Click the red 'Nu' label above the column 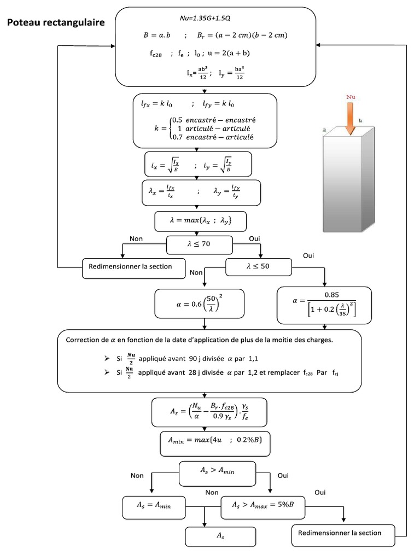tap(351, 97)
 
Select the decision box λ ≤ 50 tap(259, 266)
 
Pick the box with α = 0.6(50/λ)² tap(199, 304)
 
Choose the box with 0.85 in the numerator tap(325, 305)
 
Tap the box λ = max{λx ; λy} tap(201, 221)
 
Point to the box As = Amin tap(154, 506)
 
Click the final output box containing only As tap(221, 536)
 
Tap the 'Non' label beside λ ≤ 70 tap(136, 238)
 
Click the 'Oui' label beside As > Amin tap(283, 476)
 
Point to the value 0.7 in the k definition tap(177, 137)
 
